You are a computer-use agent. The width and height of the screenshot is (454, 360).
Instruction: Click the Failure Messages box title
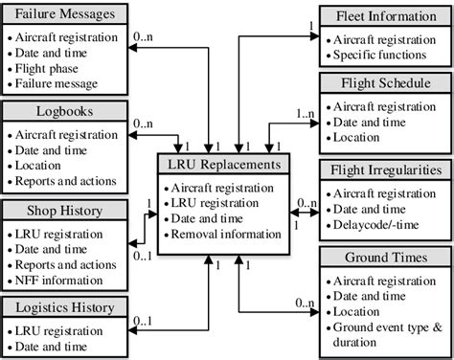(x=65, y=14)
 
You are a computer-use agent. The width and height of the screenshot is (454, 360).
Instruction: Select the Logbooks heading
(x=65, y=111)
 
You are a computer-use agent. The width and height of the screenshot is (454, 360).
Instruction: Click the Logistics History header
(x=65, y=307)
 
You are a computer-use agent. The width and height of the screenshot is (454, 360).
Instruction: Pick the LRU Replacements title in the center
(x=221, y=165)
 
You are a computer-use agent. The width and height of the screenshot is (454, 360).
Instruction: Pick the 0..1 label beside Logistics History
(x=142, y=322)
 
